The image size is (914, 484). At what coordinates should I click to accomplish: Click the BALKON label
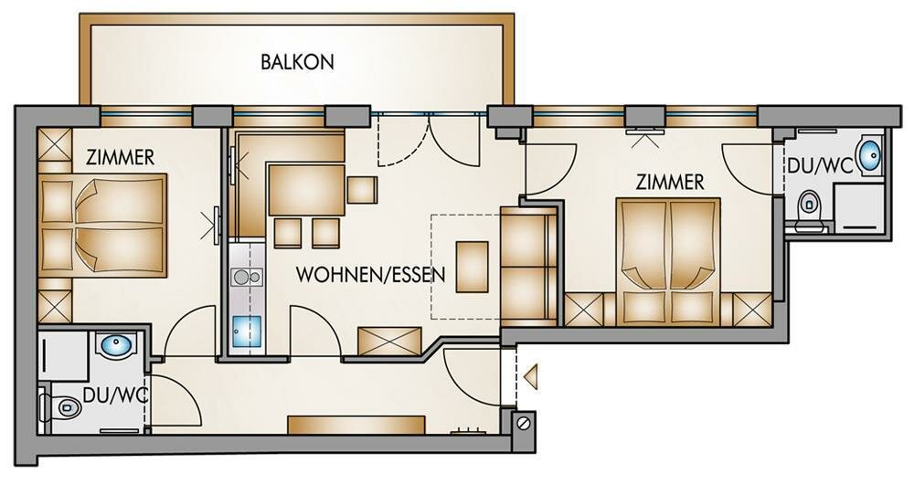(297, 62)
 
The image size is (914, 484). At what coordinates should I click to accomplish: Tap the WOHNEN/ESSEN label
(371, 274)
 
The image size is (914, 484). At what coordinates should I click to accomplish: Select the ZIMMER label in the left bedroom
(120, 157)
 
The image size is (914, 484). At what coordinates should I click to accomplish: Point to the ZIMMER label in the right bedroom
(670, 183)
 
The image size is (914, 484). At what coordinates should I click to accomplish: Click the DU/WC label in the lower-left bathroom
(115, 395)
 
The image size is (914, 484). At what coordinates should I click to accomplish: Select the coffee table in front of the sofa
(473, 267)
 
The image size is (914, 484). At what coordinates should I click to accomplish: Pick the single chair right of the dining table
(361, 189)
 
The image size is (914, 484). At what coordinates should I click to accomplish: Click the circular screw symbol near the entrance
(525, 422)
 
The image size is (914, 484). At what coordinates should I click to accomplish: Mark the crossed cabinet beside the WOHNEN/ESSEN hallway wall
(389, 341)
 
